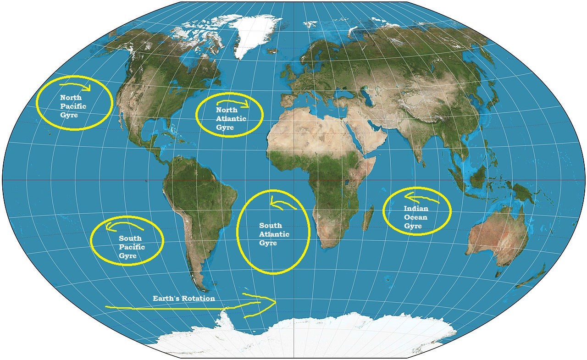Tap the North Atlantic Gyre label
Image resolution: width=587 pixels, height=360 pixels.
[x=231, y=119]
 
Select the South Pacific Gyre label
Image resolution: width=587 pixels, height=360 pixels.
[x=132, y=247]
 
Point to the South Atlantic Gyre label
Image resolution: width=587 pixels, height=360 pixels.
[x=274, y=234]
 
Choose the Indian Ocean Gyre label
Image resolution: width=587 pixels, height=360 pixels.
[x=415, y=217]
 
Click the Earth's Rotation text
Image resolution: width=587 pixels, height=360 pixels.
[x=183, y=299]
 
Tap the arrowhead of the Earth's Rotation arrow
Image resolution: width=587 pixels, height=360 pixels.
[x=271, y=302]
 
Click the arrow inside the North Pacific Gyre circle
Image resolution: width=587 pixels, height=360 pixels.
[x=76, y=86]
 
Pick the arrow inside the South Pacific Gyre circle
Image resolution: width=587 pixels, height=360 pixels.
[x=124, y=225]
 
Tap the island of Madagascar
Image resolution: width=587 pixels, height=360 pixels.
[x=367, y=219]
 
